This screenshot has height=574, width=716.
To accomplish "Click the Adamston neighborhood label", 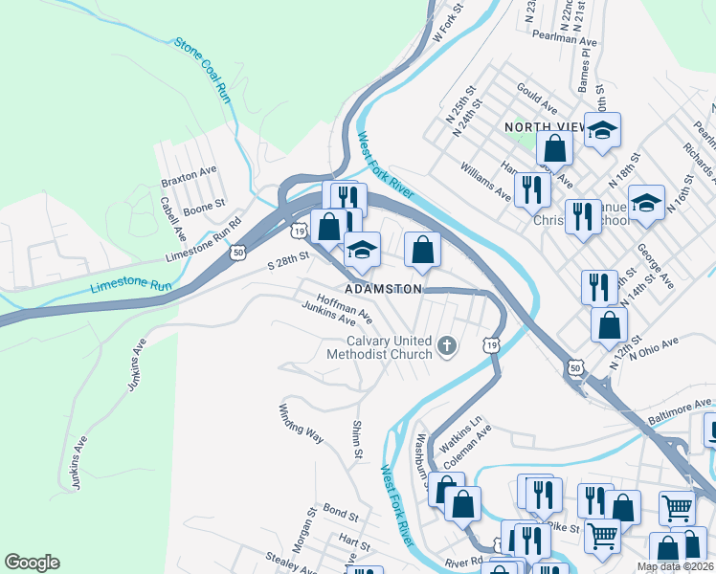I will (x=384, y=288).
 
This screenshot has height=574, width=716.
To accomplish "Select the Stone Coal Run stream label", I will (x=204, y=70).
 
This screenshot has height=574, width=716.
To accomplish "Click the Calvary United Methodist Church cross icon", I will (x=445, y=345).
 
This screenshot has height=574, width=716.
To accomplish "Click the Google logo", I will (x=32, y=563).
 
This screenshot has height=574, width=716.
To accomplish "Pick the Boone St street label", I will (x=204, y=204).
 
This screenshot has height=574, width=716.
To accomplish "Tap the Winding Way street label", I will (x=301, y=422).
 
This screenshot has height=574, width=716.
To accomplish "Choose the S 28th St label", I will (x=289, y=258).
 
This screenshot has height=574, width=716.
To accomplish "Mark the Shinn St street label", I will (x=356, y=438).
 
